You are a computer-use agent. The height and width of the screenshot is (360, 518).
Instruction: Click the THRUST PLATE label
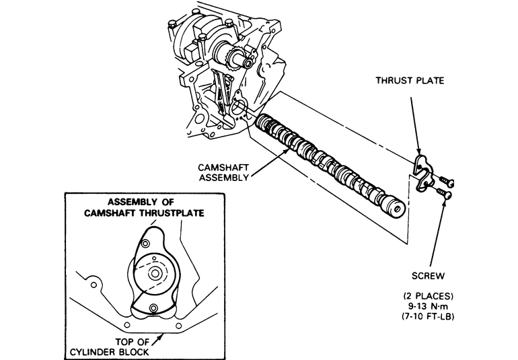pos(410,80)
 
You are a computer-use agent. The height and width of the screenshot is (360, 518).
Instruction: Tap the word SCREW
pos(428,276)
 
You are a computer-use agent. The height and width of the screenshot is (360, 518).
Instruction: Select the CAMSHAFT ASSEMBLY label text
pos(223,172)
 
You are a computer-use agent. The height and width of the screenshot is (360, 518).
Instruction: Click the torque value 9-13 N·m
pos(428,306)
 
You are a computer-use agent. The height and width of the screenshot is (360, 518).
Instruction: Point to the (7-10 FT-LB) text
pos(428,316)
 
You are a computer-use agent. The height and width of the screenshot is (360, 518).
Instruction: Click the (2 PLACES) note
pos(428,295)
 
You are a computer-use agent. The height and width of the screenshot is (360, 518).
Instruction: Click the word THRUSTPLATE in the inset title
pos(172,213)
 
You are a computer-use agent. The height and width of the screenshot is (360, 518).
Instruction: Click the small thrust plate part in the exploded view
pos(421,174)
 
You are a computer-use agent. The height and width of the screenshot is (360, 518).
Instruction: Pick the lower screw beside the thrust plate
pos(444,193)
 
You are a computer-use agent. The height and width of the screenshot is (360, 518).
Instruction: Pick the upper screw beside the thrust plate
pos(447,181)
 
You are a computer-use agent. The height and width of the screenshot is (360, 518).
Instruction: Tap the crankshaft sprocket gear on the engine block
pos(233,60)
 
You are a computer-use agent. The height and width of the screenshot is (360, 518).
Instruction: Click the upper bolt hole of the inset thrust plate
pos(145,244)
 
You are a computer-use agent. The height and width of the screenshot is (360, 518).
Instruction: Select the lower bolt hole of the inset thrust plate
pos(153,308)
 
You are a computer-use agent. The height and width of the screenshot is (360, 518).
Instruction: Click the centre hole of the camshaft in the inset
pos(155,273)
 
